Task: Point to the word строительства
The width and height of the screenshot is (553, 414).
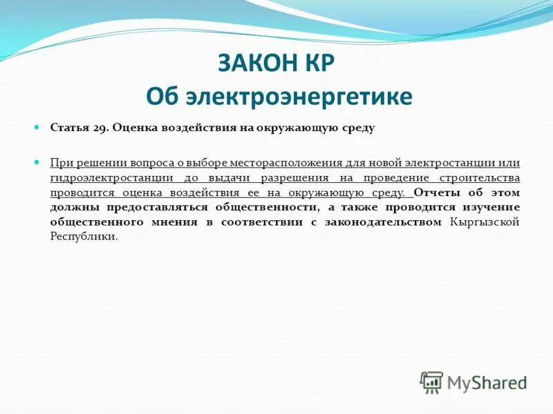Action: [x=480, y=177]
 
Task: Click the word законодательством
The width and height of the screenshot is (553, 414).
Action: [x=388, y=221]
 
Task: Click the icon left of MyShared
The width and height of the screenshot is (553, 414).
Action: [x=431, y=382]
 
